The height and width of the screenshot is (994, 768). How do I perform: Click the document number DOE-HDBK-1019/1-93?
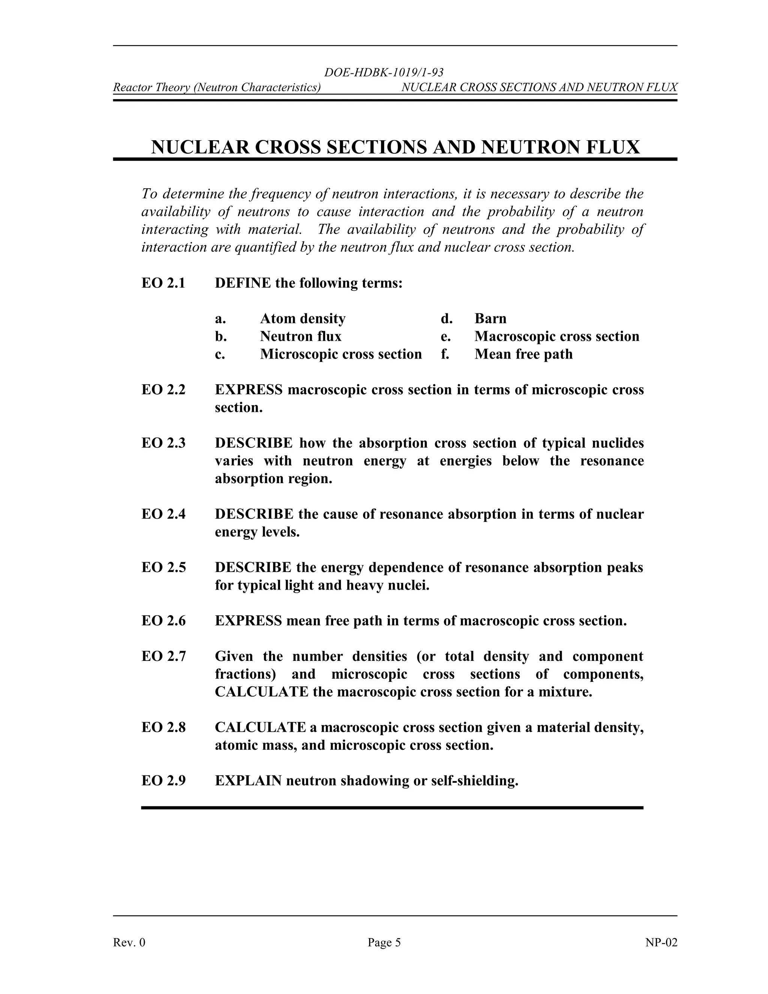(x=384, y=72)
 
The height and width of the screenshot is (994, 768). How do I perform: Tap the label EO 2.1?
(x=163, y=283)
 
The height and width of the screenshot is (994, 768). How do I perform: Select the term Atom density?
(x=303, y=318)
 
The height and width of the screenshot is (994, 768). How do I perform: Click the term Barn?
(x=490, y=318)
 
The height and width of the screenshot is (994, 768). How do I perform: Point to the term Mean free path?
(x=523, y=354)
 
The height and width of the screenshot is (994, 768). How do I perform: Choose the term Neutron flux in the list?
(x=300, y=336)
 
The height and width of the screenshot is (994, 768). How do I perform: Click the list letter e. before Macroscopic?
(x=445, y=337)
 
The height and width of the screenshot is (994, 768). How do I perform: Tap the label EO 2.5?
(x=163, y=568)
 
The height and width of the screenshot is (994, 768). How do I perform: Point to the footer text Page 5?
(x=384, y=942)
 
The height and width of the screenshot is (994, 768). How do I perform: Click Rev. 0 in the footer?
(x=129, y=942)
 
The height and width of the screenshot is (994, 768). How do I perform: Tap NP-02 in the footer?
(x=661, y=942)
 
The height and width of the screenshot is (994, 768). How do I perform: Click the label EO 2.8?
(x=163, y=727)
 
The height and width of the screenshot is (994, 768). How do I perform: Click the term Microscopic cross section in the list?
(x=341, y=354)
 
